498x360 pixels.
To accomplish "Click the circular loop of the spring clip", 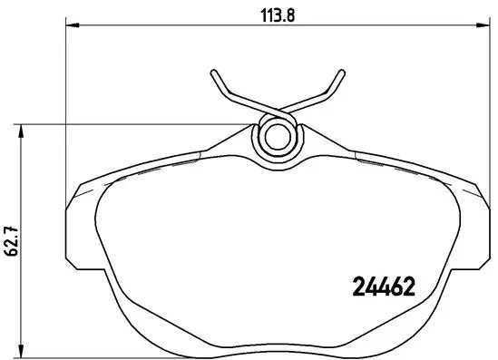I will (x=277, y=139).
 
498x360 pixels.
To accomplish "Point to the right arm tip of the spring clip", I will (x=341, y=72).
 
